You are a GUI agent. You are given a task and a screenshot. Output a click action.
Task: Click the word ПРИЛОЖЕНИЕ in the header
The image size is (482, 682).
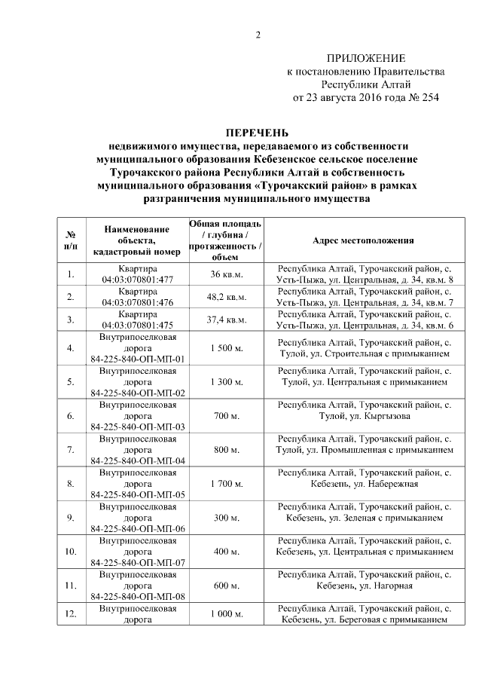click(x=365, y=58)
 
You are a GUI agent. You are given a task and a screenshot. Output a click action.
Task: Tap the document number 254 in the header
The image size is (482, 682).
click(x=428, y=98)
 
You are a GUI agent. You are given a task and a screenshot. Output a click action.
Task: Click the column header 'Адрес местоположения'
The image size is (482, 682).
click(x=365, y=240)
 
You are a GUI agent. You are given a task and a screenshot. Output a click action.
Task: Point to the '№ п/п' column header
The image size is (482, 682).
click(x=71, y=240)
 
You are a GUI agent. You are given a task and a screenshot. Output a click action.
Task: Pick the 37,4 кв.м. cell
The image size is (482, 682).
click(x=226, y=320)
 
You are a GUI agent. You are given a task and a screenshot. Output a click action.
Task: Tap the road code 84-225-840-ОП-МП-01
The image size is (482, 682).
click(x=138, y=359)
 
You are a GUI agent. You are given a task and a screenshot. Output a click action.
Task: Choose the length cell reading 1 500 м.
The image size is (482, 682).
click(x=226, y=347)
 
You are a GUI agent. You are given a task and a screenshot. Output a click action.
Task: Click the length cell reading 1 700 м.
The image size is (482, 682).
click(x=226, y=483)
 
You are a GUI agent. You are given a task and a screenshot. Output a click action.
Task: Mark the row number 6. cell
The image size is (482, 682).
click(x=71, y=415)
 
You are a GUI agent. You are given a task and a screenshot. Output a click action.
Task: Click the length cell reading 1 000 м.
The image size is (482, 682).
click(x=226, y=614)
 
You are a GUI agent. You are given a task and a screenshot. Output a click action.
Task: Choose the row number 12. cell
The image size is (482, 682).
click(x=71, y=614)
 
